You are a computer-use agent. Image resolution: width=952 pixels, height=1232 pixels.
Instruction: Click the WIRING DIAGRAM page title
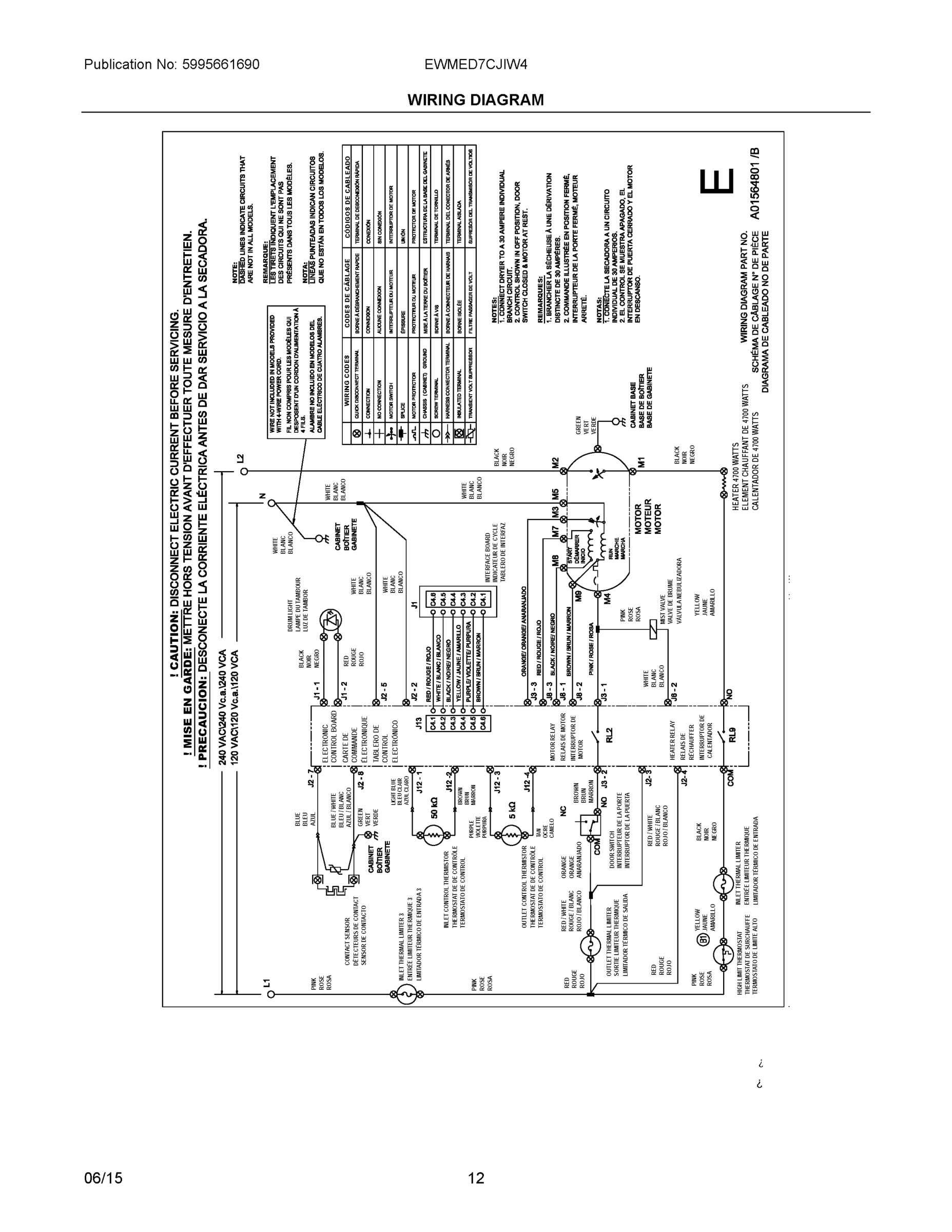475,100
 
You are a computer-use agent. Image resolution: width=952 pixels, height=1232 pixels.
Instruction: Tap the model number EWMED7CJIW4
475,64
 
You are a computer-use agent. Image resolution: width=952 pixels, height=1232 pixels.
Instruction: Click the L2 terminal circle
244,472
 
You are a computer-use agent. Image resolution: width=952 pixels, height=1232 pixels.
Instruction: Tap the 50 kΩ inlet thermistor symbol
434,834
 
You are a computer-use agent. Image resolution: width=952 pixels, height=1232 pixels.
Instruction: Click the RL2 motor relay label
609,736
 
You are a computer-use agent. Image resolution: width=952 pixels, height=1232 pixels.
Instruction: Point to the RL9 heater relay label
732,736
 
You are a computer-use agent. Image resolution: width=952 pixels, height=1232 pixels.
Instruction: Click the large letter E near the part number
717,181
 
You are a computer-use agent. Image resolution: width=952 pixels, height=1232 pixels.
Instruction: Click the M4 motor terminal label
608,599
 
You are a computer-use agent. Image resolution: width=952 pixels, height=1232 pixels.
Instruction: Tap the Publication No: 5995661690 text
171,64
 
